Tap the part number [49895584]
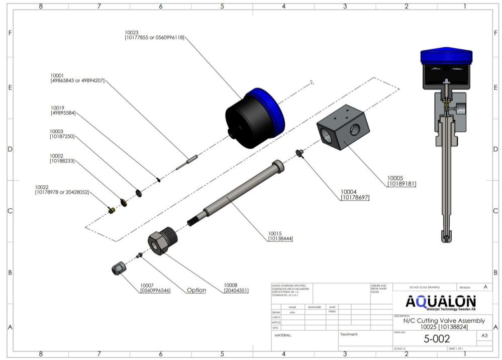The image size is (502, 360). pyautogui.click(x=63, y=113)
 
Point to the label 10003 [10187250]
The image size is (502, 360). pyautogui.click(x=62, y=134)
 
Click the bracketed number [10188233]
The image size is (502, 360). pyautogui.click(x=62, y=161)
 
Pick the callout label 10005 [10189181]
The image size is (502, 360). pyautogui.click(x=401, y=181)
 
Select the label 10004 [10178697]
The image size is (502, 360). pyautogui.click(x=355, y=195)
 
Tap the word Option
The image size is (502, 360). pyautogui.click(x=196, y=290)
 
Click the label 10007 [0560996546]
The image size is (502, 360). pyautogui.click(x=155, y=288)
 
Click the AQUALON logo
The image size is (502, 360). pyautogui.click(x=440, y=302)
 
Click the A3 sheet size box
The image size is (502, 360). pyautogui.click(x=484, y=335)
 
